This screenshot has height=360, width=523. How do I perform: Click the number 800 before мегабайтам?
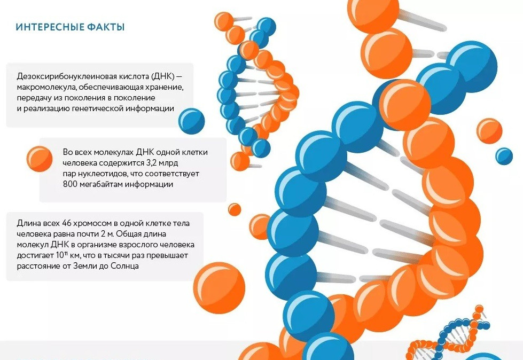(x=70, y=184)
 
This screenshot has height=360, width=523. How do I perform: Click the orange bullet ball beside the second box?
(x=40, y=159)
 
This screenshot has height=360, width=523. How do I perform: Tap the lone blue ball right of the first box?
(x=191, y=121)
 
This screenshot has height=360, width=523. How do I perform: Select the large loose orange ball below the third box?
(x=219, y=288)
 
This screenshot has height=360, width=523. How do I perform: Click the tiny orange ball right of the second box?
(x=235, y=210)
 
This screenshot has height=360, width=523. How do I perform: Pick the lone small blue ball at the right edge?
(x=504, y=156)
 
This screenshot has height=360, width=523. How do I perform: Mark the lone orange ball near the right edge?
(x=489, y=131)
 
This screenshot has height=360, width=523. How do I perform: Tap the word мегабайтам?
(x=102, y=184)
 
